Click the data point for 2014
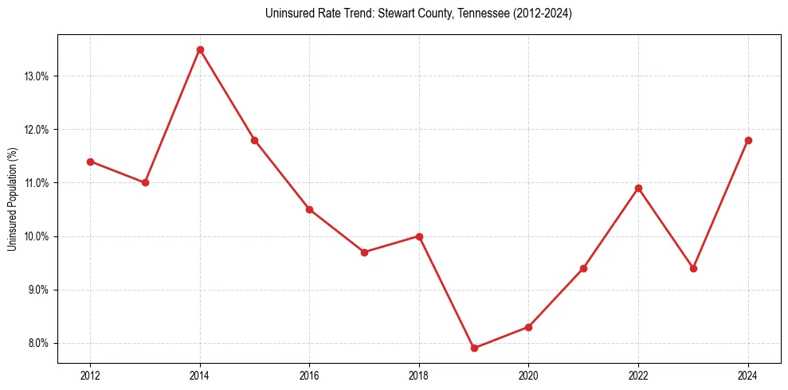pyautogui.click(x=200, y=49)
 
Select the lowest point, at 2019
pyautogui.click(x=474, y=348)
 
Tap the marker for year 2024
pyautogui.click(x=748, y=140)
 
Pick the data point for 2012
pyautogui.click(x=90, y=162)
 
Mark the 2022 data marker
pyautogui.click(x=638, y=188)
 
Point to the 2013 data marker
pyautogui.click(x=145, y=182)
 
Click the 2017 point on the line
pyautogui.click(x=364, y=252)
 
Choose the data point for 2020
pyautogui.click(x=529, y=327)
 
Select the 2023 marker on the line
pyautogui.click(x=693, y=268)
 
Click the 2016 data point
pyautogui.click(x=309, y=209)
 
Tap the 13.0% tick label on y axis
pyautogui.click(x=37, y=76)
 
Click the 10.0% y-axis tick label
pyautogui.click(x=37, y=236)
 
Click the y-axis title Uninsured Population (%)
pyautogui.click(x=12, y=199)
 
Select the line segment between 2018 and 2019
pyautogui.click(x=446, y=292)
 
